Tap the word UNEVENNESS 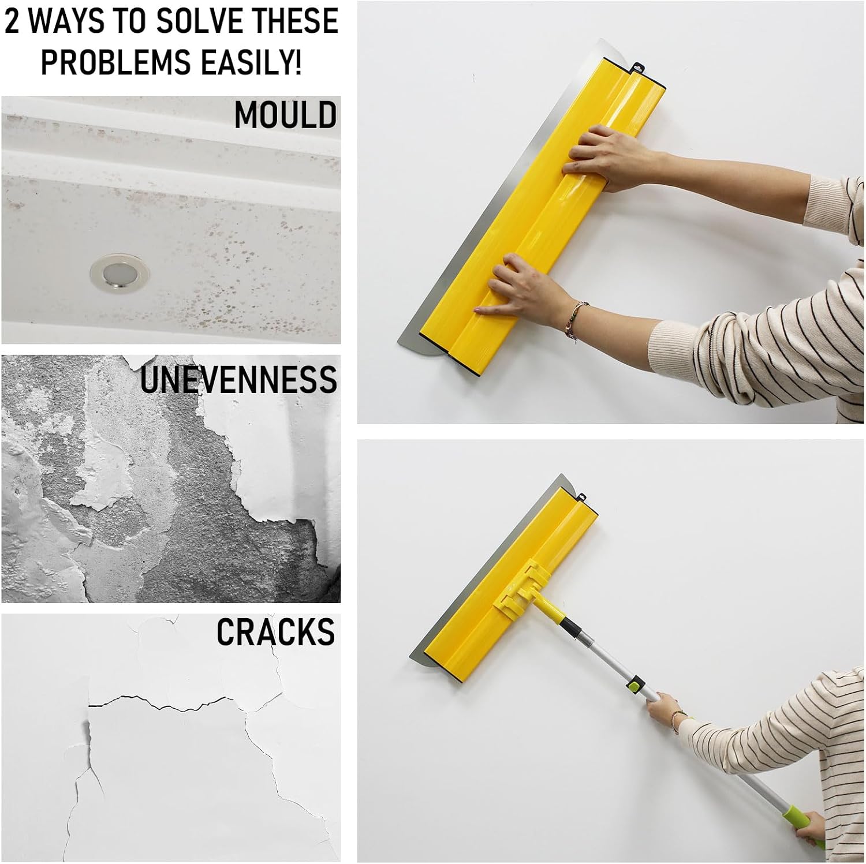point(238,379)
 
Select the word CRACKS point(275,632)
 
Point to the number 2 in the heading point(13,21)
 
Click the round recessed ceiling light point(120,272)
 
